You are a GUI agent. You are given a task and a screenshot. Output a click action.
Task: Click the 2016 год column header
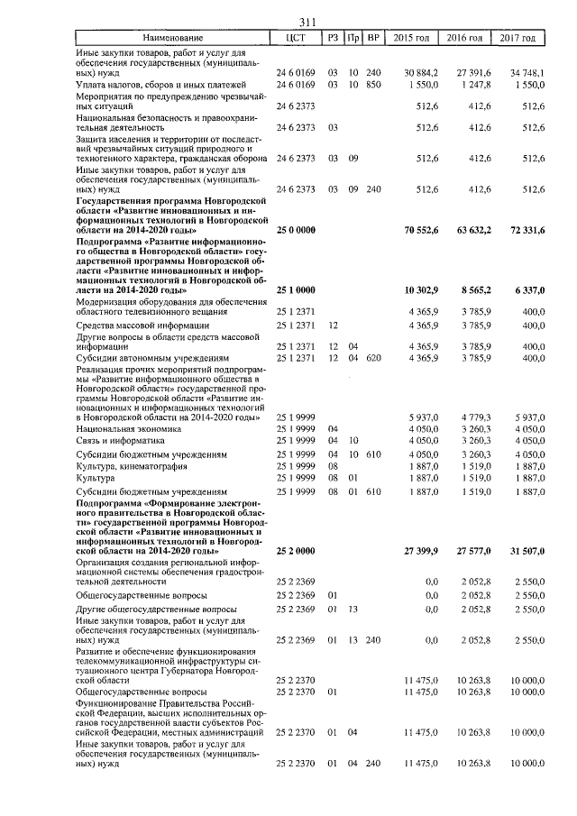pyautogui.click(x=472, y=39)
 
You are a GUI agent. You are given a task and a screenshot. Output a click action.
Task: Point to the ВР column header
pyautogui.click(x=374, y=39)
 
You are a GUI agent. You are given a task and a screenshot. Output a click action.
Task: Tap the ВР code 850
pyautogui.click(x=374, y=84)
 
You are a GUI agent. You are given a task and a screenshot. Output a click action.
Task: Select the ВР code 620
pyautogui.click(x=374, y=358)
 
